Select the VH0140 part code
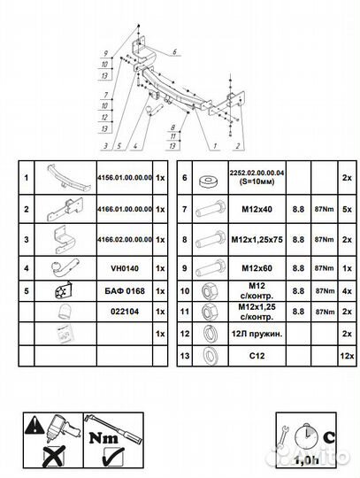pyautogui.click(x=124, y=266)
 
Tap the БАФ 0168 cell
pyautogui.click(x=124, y=289)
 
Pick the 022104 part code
pyautogui.click(x=124, y=312)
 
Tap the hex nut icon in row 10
pyautogui.click(x=211, y=289)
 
